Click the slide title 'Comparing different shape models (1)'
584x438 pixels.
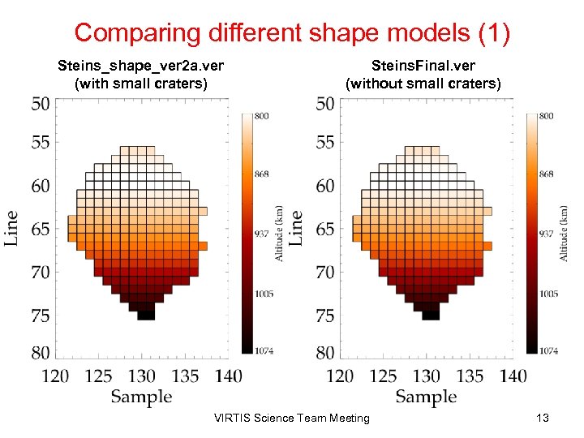(x=292, y=32)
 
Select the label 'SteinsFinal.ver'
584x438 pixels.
(x=423, y=65)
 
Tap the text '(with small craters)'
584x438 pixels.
(x=140, y=83)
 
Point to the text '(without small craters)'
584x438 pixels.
(x=423, y=83)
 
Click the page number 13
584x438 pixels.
(x=543, y=418)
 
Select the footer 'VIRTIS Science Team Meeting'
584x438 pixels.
(x=291, y=418)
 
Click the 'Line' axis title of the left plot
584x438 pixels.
(x=11, y=229)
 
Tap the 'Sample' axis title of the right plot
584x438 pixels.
(x=427, y=397)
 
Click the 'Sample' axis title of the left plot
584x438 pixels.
(x=141, y=397)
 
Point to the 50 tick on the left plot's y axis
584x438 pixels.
(x=40, y=104)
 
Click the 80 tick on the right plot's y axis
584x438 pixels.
(x=324, y=353)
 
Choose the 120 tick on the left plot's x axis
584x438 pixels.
(x=55, y=376)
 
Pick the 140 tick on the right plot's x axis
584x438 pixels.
(x=513, y=376)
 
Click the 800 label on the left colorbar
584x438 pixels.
(x=262, y=117)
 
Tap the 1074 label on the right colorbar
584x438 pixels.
(x=547, y=350)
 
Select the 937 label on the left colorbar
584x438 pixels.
(x=262, y=234)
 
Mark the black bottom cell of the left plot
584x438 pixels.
(x=146, y=315)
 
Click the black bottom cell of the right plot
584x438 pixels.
(x=431, y=315)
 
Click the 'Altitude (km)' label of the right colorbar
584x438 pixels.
(x=564, y=232)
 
